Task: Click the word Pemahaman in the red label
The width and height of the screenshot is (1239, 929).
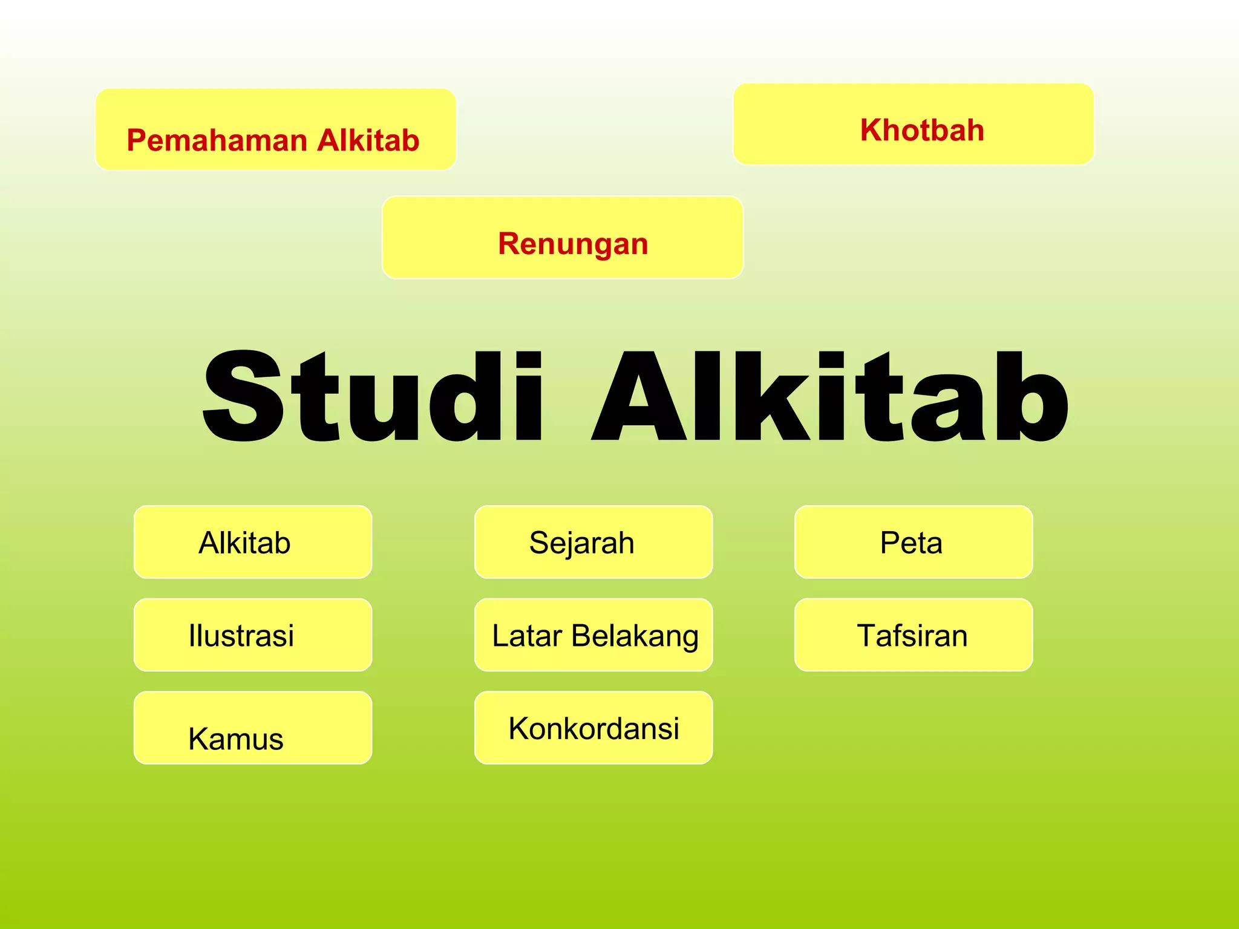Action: click(x=217, y=141)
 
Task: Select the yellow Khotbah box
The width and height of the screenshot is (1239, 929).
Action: click(x=913, y=125)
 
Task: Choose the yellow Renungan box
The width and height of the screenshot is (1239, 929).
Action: click(x=562, y=238)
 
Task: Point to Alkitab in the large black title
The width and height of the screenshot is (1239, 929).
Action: click(x=829, y=396)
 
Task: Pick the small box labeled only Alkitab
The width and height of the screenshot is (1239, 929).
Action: click(x=252, y=542)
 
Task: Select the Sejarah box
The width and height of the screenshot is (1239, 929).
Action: click(x=593, y=542)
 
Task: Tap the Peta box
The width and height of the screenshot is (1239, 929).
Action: click(x=913, y=542)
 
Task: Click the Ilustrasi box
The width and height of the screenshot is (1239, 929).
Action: click(x=252, y=635)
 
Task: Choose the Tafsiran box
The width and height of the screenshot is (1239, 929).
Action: click(x=913, y=635)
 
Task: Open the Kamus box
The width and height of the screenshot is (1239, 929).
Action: click(x=252, y=728)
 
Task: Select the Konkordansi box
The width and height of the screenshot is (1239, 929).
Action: click(x=593, y=728)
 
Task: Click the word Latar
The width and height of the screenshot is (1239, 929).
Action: click(x=527, y=636)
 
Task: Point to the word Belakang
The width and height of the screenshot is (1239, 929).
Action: click(x=635, y=636)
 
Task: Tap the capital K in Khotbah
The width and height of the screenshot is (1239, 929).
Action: click(x=872, y=131)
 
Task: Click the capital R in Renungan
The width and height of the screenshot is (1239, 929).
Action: click(x=510, y=244)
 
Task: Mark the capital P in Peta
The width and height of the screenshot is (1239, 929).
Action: click(x=890, y=543)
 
